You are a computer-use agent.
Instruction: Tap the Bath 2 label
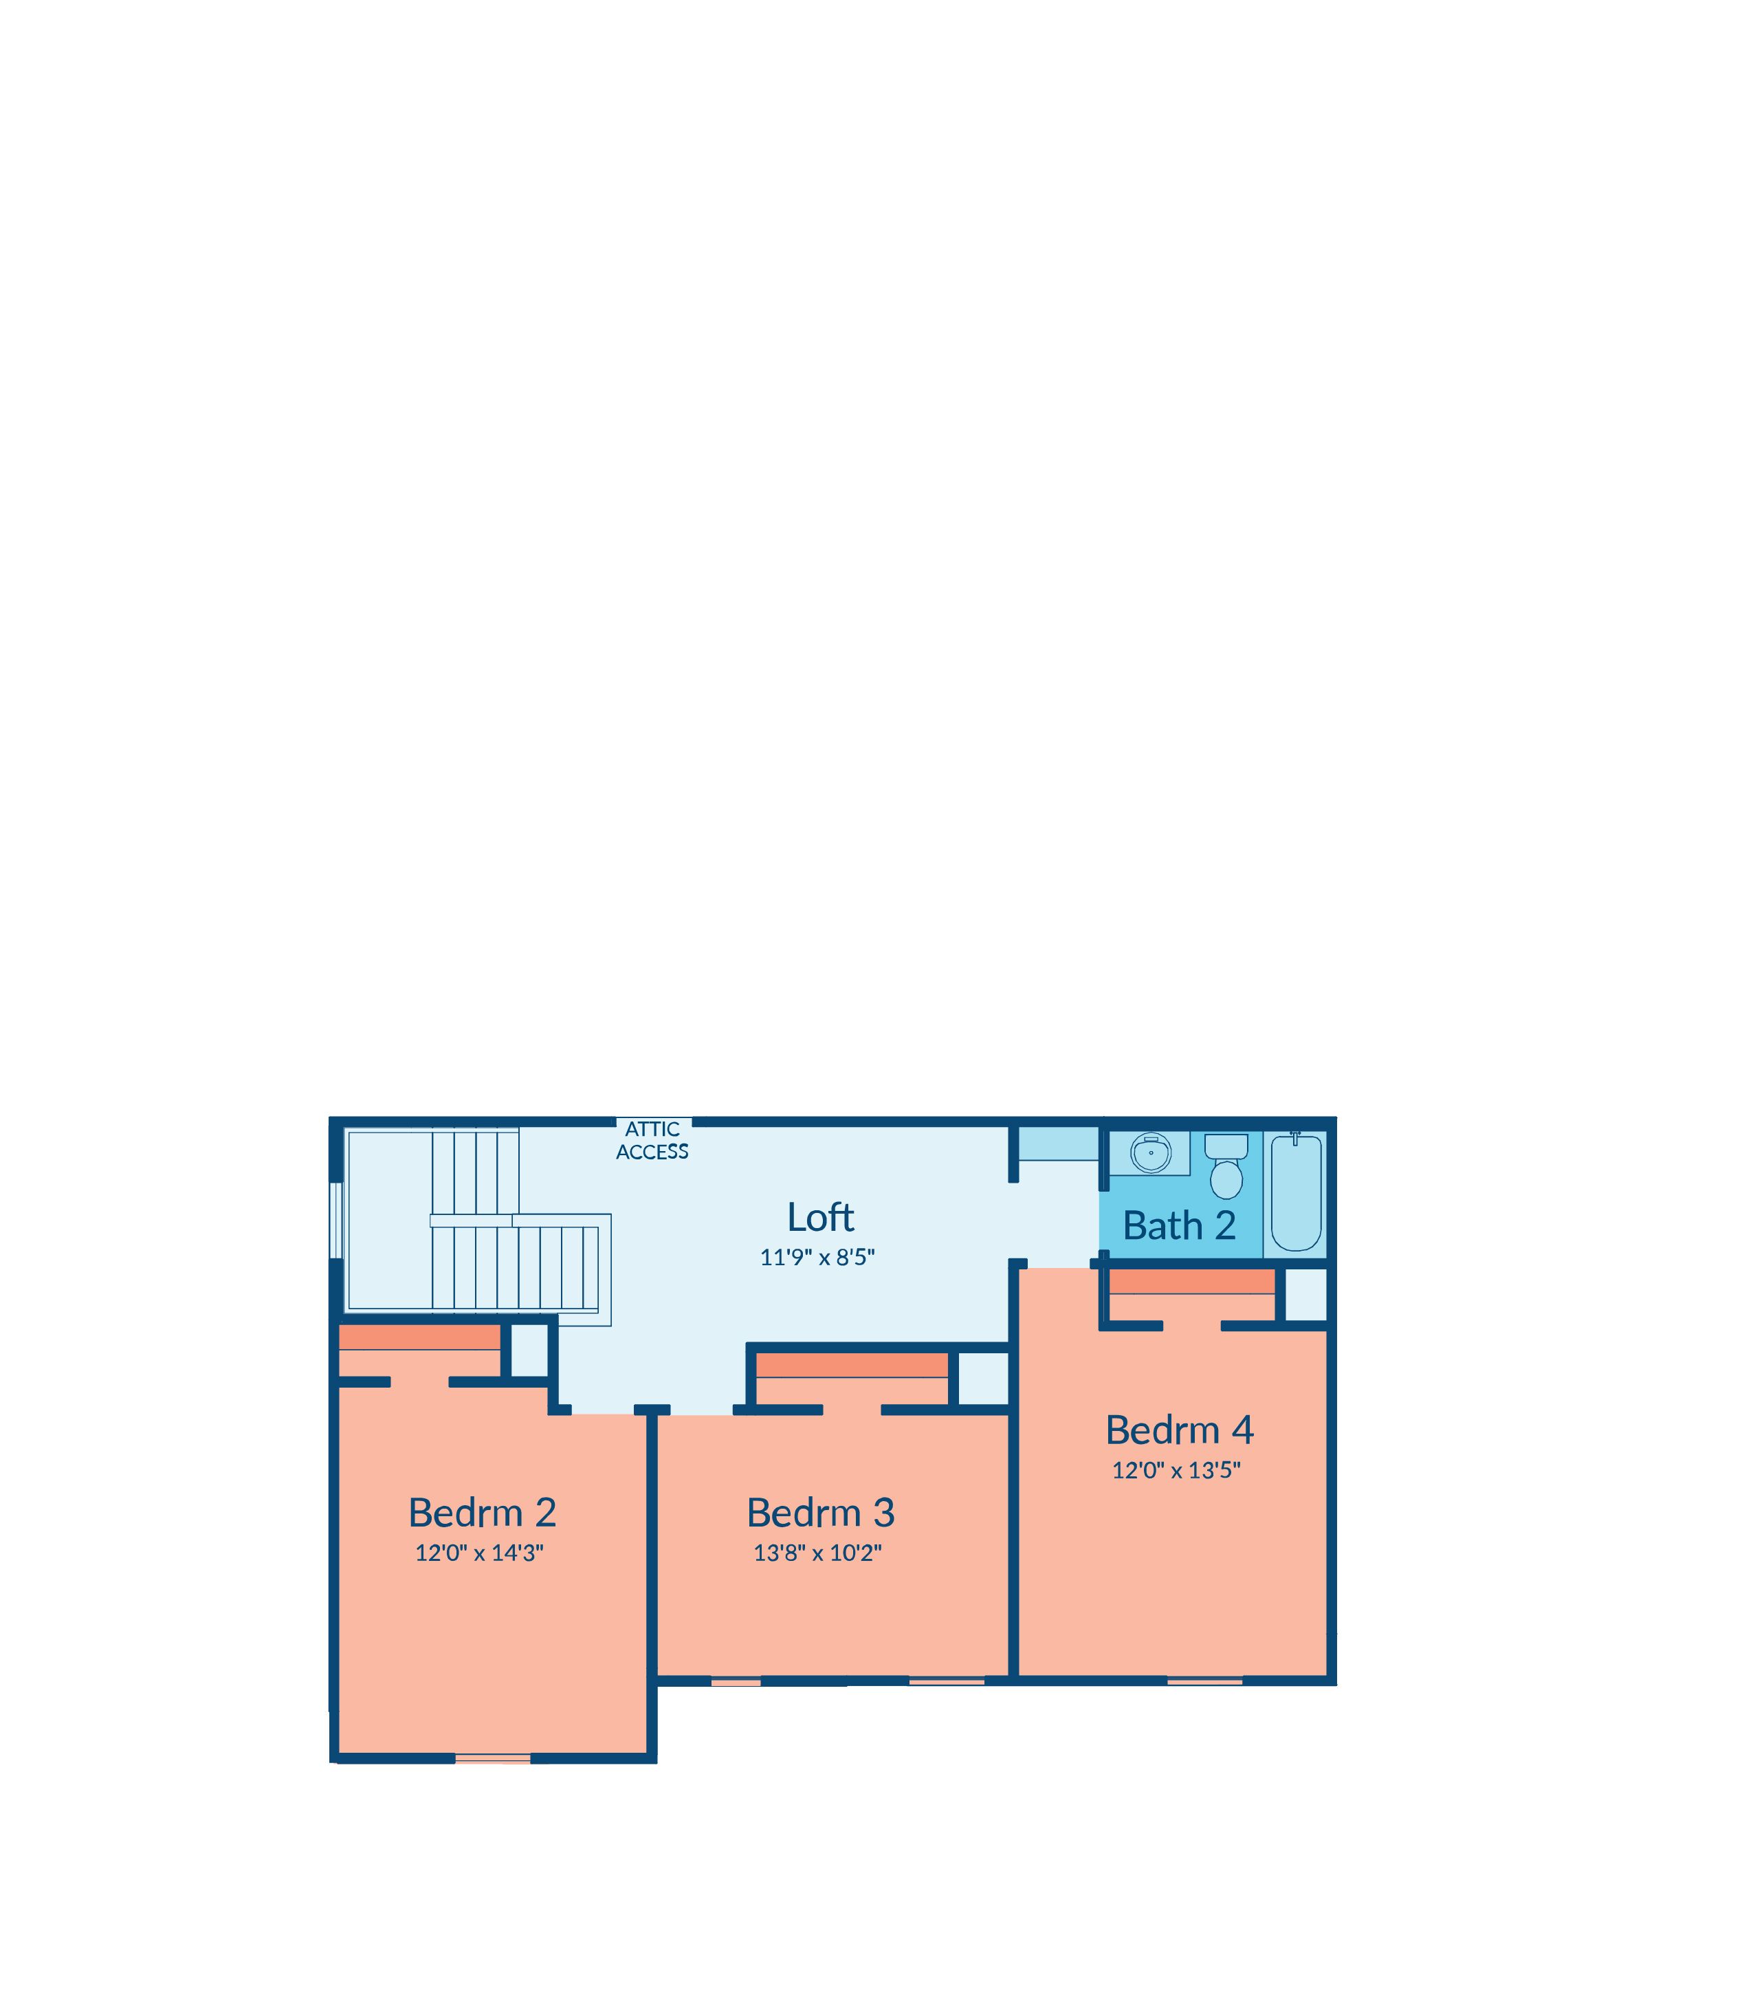coord(1179,1225)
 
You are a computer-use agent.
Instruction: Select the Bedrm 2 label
coord(483,1512)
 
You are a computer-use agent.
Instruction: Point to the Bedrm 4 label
coord(1179,1430)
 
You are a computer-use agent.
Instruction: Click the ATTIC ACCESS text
coord(652,1141)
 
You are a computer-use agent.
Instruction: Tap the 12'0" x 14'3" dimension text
coord(479,1553)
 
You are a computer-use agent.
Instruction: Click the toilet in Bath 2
coord(1226,1166)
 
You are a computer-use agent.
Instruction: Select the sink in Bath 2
coord(1150,1154)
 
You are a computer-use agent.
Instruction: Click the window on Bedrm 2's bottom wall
coord(493,1758)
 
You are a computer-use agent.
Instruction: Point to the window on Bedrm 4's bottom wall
coord(1205,1681)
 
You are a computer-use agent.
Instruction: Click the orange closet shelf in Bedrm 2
coord(419,1337)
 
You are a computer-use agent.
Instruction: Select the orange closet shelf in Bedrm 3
coord(852,1365)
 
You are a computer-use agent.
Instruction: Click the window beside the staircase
coord(335,1220)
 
